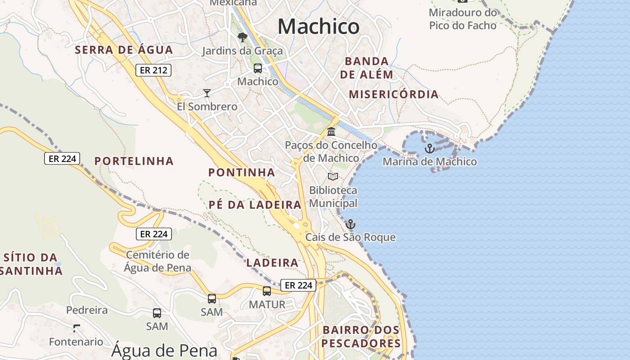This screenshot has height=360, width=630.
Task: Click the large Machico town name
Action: [x=319, y=27]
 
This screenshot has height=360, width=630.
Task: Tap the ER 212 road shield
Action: [x=153, y=70]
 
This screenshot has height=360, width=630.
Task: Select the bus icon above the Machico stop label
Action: [x=258, y=68]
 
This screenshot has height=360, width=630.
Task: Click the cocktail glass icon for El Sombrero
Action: [x=207, y=93]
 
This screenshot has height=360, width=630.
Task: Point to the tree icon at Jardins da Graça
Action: [x=243, y=37]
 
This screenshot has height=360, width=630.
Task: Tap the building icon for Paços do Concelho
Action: [x=332, y=132]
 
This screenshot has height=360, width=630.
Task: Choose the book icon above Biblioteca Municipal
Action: [x=333, y=176]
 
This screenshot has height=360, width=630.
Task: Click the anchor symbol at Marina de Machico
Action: [x=430, y=148]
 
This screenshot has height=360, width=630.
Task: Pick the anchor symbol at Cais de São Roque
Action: [x=350, y=224]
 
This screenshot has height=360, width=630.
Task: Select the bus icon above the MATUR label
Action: [x=267, y=291]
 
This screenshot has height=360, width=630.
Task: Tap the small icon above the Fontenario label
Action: [x=76, y=328]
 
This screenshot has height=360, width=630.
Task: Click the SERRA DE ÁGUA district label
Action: [x=124, y=50]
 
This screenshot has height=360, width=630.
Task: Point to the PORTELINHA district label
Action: [x=134, y=161]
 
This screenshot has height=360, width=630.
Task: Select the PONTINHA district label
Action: [x=242, y=172]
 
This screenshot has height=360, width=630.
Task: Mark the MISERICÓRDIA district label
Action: [x=394, y=94]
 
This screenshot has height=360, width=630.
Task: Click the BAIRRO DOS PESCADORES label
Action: [x=361, y=337]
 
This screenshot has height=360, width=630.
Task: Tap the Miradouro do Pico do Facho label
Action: [x=463, y=19]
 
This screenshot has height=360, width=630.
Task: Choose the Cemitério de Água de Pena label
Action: [x=157, y=261]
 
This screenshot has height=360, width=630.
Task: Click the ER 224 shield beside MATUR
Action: [x=298, y=285]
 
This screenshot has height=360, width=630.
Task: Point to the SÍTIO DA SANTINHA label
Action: [x=31, y=264]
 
